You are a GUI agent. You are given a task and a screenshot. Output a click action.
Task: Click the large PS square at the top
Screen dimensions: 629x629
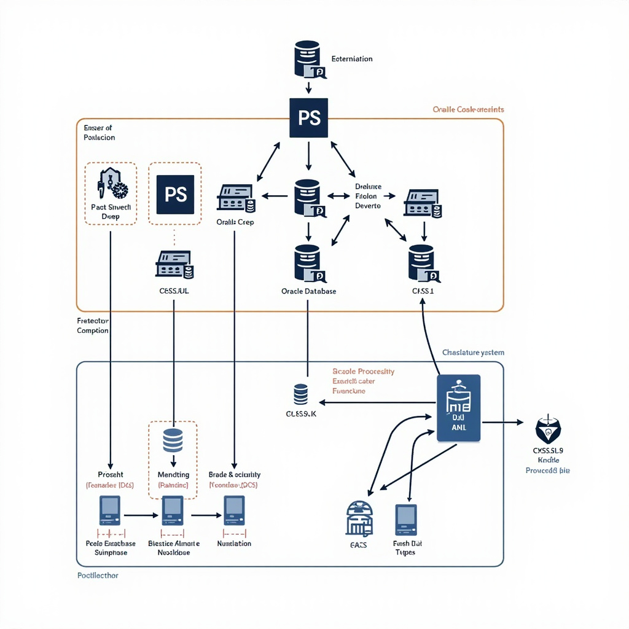(x=308, y=117)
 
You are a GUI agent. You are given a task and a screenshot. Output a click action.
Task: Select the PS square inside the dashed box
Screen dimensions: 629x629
(x=175, y=195)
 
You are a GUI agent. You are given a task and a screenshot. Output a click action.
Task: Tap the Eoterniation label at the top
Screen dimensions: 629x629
(x=351, y=59)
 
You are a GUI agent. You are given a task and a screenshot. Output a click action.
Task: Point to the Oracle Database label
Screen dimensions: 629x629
(x=308, y=291)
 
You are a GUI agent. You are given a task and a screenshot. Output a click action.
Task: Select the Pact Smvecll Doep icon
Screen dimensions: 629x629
(x=111, y=182)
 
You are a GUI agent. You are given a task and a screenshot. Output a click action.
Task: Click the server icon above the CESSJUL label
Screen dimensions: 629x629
(x=174, y=264)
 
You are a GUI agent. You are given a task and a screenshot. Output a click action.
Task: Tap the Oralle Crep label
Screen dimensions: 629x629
(x=235, y=222)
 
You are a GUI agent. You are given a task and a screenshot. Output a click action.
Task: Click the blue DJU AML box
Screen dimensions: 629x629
(x=458, y=408)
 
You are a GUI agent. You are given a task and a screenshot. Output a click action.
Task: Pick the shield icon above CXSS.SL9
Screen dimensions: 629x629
(x=548, y=429)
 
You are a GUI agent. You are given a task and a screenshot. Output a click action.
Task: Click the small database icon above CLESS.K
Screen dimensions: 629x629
(x=300, y=394)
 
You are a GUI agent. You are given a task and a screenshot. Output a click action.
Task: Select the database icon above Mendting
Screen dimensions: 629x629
(x=173, y=440)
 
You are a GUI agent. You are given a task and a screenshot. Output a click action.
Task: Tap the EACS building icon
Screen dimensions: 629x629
(x=359, y=518)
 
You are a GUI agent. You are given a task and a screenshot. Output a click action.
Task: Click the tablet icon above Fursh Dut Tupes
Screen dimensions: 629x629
(x=405, y=520)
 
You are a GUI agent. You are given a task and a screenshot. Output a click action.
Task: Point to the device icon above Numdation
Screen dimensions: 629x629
(x=234, y=510)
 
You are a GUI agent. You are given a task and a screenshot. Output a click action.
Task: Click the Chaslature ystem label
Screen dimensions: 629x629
(x=473, y=353)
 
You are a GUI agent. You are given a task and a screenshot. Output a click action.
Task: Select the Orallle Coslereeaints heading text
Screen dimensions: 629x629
(x=468, y=109)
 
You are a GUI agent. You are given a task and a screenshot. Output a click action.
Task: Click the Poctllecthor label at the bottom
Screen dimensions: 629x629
(x=98, y=576)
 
